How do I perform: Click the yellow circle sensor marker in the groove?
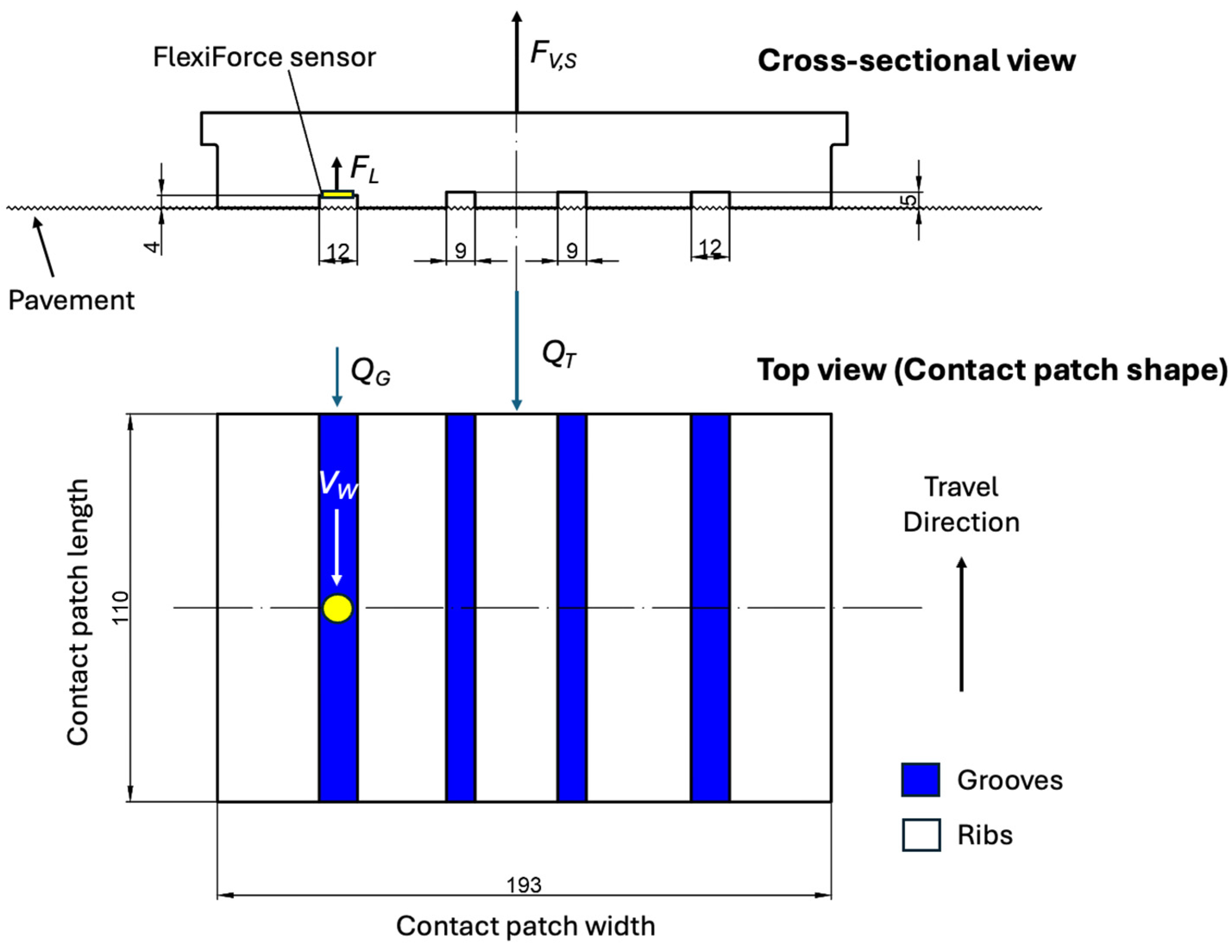338,609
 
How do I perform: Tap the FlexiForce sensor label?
264,57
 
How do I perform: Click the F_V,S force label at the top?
553,55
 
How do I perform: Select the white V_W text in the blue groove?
338,484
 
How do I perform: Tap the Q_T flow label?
559,354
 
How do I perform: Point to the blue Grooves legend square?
920,780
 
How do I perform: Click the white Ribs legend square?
921,835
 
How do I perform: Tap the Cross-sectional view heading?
916,61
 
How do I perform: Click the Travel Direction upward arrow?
962,624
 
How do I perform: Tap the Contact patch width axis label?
525,926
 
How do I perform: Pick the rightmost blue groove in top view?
710,607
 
